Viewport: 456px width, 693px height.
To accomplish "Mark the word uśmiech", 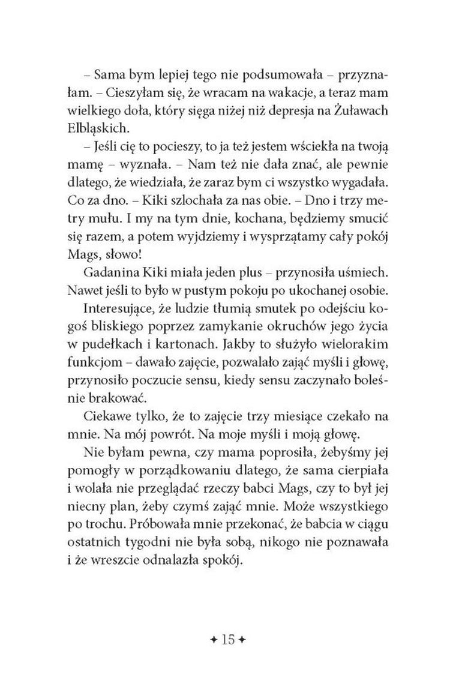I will pos(346,283).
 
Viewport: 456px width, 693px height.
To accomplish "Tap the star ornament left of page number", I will pos(214,622).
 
